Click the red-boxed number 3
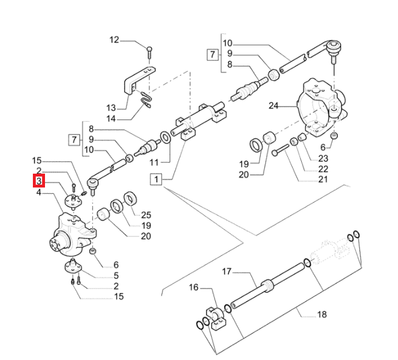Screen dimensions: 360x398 click(39, 181)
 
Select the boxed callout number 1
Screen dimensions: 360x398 click(155, 180)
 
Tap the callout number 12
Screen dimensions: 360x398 click(114, 40)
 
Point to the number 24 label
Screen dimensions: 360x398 click(273, 106)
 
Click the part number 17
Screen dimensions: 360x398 click(227, 271)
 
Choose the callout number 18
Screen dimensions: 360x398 click(322, 314)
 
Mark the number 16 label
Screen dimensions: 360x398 click(193, 287)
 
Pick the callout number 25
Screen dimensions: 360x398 click(146, 215)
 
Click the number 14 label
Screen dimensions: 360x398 click(111, 119)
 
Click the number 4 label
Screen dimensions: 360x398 click(39, 192)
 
